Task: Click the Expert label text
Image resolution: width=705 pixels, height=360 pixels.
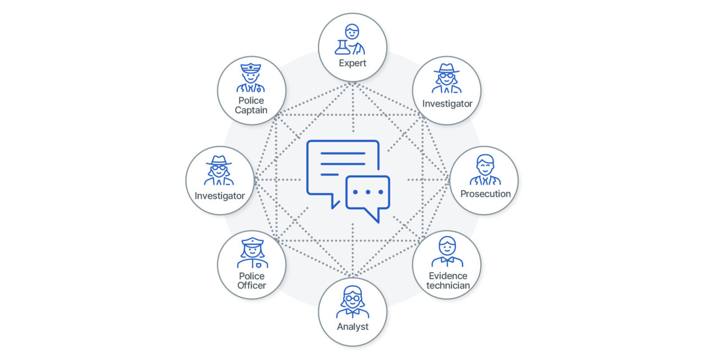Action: [352, 63]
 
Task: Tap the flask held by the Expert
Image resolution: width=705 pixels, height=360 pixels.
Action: [343, 47]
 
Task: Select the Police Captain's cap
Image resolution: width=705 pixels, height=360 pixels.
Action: [251, 68]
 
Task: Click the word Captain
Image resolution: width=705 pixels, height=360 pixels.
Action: [251, 111]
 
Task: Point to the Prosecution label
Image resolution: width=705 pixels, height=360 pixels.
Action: [485, 194]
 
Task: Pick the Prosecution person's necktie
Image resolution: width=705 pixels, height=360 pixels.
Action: [485, 181]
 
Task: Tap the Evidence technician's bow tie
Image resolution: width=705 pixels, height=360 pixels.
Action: [447, 260]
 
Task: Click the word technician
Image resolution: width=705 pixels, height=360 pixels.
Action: [448, 286]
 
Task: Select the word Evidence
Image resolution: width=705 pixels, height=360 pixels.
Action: [448, 276]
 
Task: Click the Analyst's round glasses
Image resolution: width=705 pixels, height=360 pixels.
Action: [352, 298]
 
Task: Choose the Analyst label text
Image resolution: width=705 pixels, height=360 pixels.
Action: [352, 326]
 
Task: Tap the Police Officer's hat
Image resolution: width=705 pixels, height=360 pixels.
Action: [252, 242]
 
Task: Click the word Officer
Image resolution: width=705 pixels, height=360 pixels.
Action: [252, 286]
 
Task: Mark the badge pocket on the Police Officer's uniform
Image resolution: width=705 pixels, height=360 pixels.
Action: [258, 265]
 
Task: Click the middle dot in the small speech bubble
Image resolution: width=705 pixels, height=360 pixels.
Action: [367, 192]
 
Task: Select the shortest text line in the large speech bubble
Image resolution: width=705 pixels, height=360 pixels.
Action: [329, 174]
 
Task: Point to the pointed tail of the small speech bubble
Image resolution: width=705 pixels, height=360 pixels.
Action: [378, 222]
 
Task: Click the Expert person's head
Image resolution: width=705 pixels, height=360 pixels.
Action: [352, 31]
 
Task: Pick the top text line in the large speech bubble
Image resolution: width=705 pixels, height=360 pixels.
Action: [343, 153]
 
